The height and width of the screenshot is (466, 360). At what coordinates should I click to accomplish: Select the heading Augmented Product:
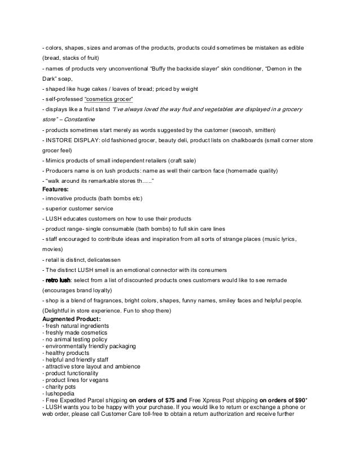72,319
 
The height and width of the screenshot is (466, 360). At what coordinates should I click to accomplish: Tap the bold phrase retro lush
58,280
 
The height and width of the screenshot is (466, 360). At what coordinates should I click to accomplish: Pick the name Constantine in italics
78,120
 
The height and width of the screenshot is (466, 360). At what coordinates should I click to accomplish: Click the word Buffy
179,69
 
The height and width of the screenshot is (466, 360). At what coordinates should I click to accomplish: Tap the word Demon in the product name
278,69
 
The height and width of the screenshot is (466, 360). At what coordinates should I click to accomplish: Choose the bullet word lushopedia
59,393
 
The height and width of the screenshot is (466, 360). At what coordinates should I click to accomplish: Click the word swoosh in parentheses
240,130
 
